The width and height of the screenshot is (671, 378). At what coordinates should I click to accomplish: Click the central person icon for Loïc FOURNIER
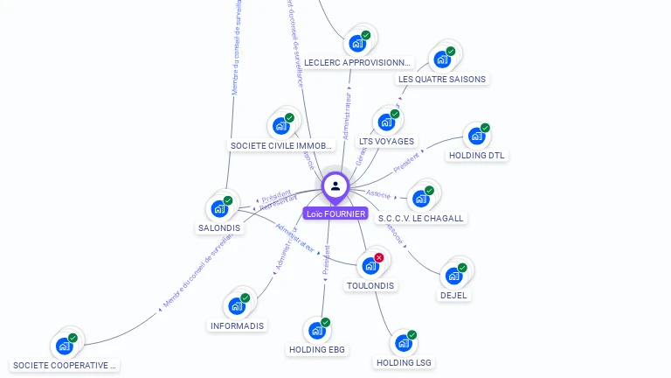[335, 186]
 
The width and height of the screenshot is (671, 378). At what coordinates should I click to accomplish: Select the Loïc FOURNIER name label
[336, 213]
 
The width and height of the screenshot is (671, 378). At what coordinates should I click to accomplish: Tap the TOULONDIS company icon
[370, 265]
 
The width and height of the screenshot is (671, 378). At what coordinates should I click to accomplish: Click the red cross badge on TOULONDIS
[379, 257]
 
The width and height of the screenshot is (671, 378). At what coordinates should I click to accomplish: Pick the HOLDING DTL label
[477, 156]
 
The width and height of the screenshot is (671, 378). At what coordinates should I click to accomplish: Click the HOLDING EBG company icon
[317, 331]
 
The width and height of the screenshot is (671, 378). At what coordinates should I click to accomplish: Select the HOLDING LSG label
[404, 362]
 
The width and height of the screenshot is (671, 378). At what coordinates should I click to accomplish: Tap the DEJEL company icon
[453, 276]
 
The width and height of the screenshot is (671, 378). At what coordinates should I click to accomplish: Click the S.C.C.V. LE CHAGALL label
[421, 218]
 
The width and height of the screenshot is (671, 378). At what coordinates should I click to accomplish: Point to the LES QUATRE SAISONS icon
[442, 59]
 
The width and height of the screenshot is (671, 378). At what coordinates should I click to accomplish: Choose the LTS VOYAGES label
[387, 141]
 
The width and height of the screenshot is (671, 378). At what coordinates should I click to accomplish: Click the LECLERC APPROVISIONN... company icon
[357, 43]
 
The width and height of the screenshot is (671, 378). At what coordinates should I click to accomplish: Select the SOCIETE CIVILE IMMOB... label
[280, 145]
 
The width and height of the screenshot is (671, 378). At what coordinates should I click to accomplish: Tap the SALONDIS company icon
[218, 209]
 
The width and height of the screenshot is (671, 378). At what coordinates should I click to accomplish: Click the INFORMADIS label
[237, 325]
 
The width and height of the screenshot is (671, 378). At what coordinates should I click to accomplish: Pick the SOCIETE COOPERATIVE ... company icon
[65, 346]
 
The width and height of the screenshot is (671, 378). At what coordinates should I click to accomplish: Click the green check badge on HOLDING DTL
[485, 128]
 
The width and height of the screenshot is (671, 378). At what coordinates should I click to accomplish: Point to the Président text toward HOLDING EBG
[327, 260]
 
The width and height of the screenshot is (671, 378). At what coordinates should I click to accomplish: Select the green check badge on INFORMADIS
[246, 298]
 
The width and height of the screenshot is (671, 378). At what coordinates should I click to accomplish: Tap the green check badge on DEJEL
[462, 268]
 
